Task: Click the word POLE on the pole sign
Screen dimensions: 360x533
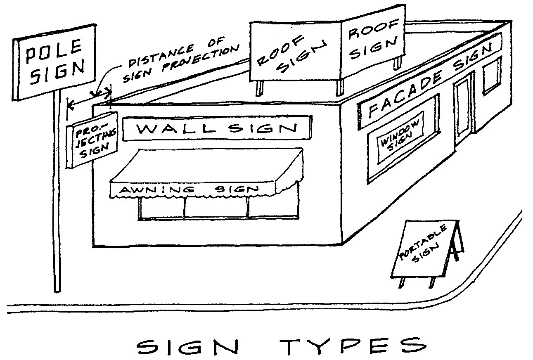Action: coord(52,53)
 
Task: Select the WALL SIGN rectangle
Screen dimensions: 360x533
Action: coord(217,128)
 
